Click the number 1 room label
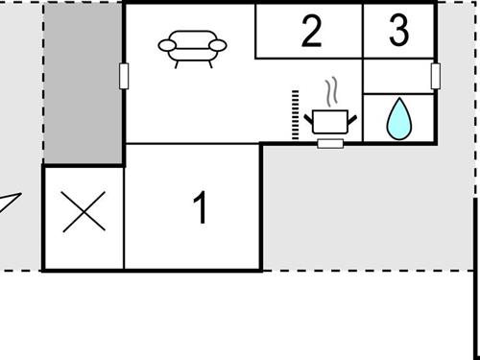click(x=200, y=208)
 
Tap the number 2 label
click(x=310, y=32)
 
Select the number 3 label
click(x=398, y=31)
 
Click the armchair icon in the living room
click(x=192, y=48)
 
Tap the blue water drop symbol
click(x=397, y=118)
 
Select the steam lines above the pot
click(x=332, y=93)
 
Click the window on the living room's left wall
click(x=124, y=75)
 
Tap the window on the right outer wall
click(x=435, y=75)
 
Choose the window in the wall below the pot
click(x=330, y=143)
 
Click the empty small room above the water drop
click(x=397, y=76)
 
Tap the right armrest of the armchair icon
click(x=218, y=45)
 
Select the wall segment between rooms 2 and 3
click(x=363, y=31)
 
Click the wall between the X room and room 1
click(x=125, y=217)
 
